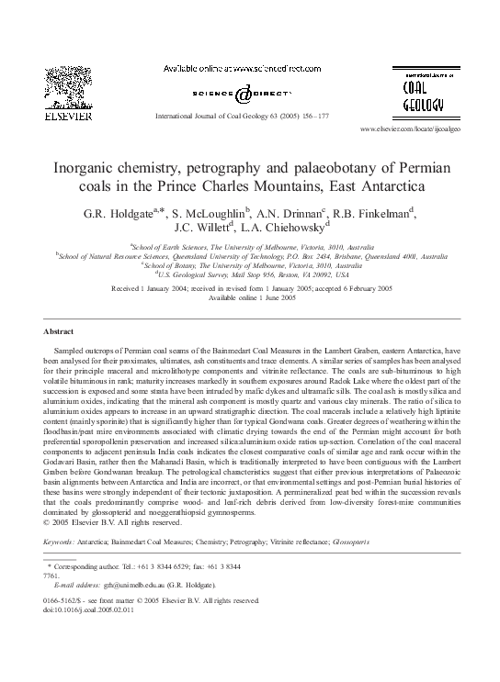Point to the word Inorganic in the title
(x=99, y=168)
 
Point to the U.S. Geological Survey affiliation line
(x=250, y=274)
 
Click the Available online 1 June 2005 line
(x=250, y=297)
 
